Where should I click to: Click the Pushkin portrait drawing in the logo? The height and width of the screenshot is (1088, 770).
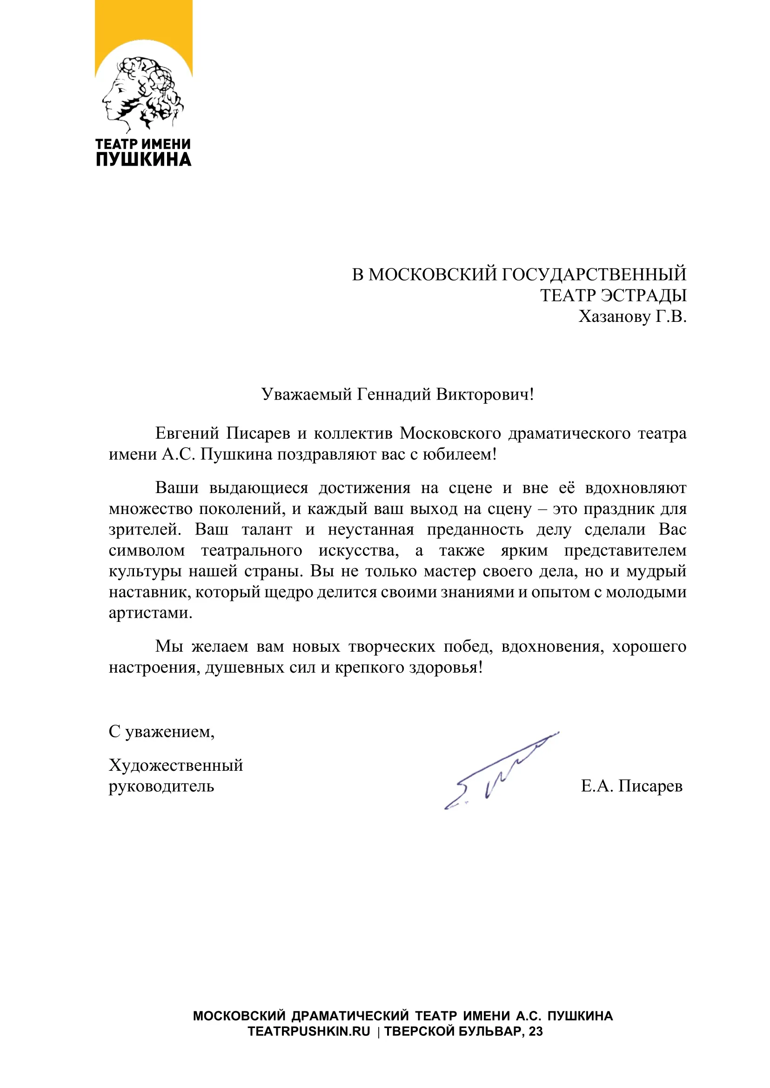tap(142, 93)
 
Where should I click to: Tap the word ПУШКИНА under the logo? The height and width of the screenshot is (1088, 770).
tap(144, 160)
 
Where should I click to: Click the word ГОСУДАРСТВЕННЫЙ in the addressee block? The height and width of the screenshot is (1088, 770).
tap(594, 274)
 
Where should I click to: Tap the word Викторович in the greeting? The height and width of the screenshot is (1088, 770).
tap(484, 394)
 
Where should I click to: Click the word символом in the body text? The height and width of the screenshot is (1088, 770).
tap(147, 550)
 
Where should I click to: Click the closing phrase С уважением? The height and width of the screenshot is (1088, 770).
tap(161, 732)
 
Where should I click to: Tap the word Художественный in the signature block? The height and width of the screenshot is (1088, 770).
tap(175, 765)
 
